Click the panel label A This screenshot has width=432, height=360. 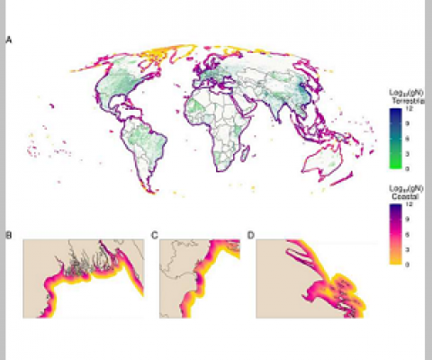click(x=9, y=40)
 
